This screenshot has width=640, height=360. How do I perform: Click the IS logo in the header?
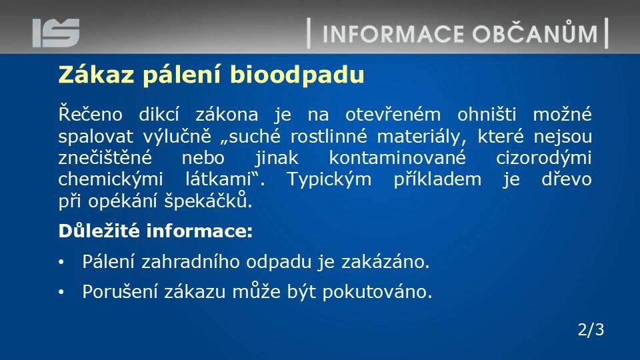click(x=56, y=33)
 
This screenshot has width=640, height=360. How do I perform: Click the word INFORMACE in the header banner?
click(x=393, y=34)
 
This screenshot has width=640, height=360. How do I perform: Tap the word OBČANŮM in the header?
click(x=535, y=33)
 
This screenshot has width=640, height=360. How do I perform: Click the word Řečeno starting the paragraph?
click(x=90, y=114)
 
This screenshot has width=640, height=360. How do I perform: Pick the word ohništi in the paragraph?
click(x=487, y=114)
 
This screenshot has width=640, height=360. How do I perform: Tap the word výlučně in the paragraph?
click(x=177, y=136)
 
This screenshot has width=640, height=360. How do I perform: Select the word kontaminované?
click(x=397, y=157)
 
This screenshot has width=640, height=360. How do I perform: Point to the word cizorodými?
click(x=544, y=158)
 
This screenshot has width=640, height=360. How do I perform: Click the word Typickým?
click(x=329, y=179)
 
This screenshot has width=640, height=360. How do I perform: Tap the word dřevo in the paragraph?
click(x=567, y=179)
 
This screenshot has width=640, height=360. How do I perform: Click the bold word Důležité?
click(x=99, y=231)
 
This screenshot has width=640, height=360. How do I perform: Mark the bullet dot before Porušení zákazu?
click(x=61, y=292)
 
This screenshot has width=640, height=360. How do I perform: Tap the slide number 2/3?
click(x=591, y=329)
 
